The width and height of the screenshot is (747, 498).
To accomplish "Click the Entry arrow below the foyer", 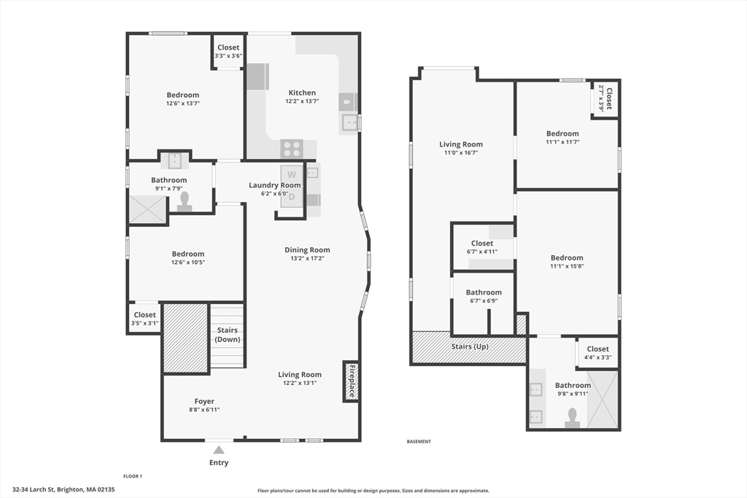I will pyautogui.click(x=219, y=450).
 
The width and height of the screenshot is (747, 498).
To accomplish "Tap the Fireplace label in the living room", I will pyautogui.click(x=351, y=381).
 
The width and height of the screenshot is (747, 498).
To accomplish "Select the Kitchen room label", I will pyautogui.click(x=302, y=93).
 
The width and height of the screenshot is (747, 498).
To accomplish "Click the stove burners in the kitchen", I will pyautogui.click(x=292, y=149).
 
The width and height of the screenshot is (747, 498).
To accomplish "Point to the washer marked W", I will pyautogui.click(x=292, y=175).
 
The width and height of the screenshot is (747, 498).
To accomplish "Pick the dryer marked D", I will pyautogui.click(x=292, y=195).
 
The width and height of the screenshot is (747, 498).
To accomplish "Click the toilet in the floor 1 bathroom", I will pyautogui.click(x=185, y=201).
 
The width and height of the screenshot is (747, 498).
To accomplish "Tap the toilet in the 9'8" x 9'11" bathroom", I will pyautogui.click(x=573, y=417).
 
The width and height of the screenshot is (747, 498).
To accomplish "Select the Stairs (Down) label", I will pyautogui.click(x=228, y=335).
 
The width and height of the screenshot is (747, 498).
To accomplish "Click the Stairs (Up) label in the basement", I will pyautogui.click(x=470, y=346).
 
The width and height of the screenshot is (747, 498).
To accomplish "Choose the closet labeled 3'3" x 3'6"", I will pyautogui.click(x=228, y=52).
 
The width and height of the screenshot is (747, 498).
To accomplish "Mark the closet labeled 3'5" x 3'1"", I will pyautogui.click(x=144, y=319).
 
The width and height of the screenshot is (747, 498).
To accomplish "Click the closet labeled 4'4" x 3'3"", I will pyautogui.click(x=597, y=353).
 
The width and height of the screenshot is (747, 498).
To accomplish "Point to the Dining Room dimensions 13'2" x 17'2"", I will pyautogui.click(x=307, y=258).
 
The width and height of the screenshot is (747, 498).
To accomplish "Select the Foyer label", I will pyautogui.click(x=204, y=401).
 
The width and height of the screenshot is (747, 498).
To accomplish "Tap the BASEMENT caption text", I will pyautogui.click(x=419, y=441).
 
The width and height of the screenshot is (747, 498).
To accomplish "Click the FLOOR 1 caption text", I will pyautogui.click(x=133, y=476).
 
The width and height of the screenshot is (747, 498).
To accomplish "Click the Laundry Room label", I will pyautogui.click(x=274, y=185).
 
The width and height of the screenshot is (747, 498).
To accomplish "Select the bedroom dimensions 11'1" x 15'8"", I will pyautogui.click(x=567, y=266).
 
